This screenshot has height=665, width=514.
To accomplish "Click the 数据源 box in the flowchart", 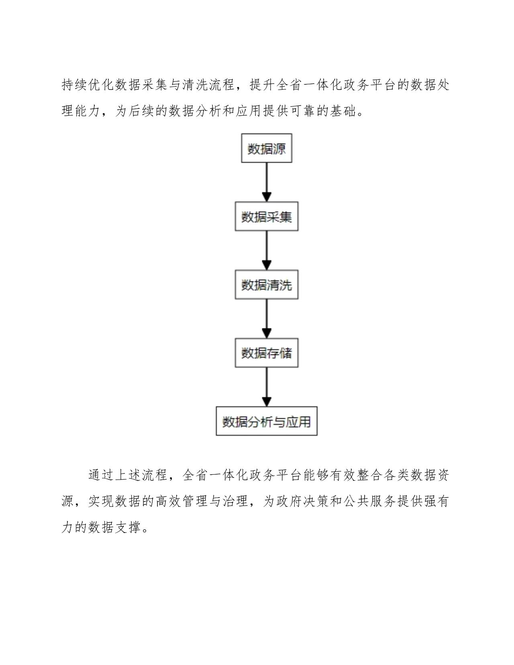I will (x=266, y=149).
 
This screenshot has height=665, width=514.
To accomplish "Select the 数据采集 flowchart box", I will (x=266, y=217).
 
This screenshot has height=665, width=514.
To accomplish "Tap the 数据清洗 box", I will (x=266, y=285).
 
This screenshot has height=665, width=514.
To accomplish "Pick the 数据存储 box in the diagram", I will (x=266, y=353).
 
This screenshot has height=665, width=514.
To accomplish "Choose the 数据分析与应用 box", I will (x=266, y=422).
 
